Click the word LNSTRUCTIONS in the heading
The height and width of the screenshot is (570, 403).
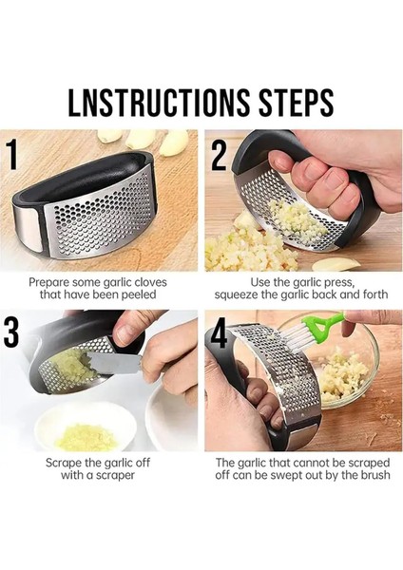[158, 103]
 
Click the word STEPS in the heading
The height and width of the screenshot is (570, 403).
[296, 103]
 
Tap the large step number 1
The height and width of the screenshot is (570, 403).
[11, 155]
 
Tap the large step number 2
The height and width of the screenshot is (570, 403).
[219, 155]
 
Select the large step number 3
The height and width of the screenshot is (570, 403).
[11, 332]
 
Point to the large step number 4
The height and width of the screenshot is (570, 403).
[219, 333]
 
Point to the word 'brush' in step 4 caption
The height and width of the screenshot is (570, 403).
[375, 475]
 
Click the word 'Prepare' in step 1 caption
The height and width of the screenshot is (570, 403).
[49, 282]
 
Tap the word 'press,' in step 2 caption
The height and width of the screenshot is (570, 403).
[338, 282]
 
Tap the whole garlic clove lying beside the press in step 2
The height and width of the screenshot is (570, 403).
[335, 264]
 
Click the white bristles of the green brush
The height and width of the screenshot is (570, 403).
[302, 336]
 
